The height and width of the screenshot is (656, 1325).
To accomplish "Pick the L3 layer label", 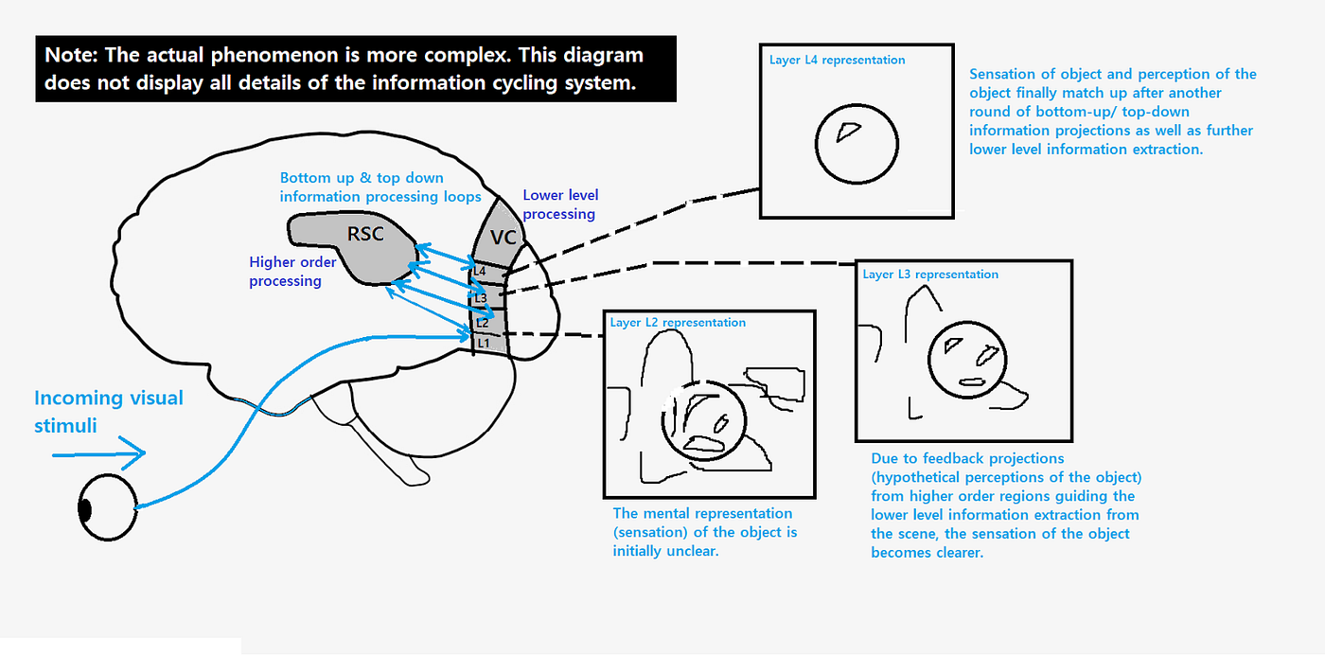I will pos(481,298).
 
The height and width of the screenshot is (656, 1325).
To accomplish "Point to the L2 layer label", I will pos(482,323).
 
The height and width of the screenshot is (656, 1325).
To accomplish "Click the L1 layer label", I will pos(482,342).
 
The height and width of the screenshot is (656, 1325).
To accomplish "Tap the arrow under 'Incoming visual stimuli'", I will pos(98,455).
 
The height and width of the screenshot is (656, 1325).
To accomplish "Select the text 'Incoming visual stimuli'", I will pos(109,411).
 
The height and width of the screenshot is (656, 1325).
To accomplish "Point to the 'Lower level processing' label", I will pos(560,204).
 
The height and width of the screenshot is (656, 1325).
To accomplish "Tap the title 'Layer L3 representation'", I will pos(930,275).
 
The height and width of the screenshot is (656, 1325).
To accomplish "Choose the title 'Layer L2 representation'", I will pos(678,323).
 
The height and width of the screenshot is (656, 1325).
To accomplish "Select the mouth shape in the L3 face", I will pos(972,381).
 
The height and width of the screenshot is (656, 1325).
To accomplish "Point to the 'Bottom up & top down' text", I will pos(362,178).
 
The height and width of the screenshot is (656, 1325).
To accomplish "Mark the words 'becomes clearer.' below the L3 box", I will pos(927,552).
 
